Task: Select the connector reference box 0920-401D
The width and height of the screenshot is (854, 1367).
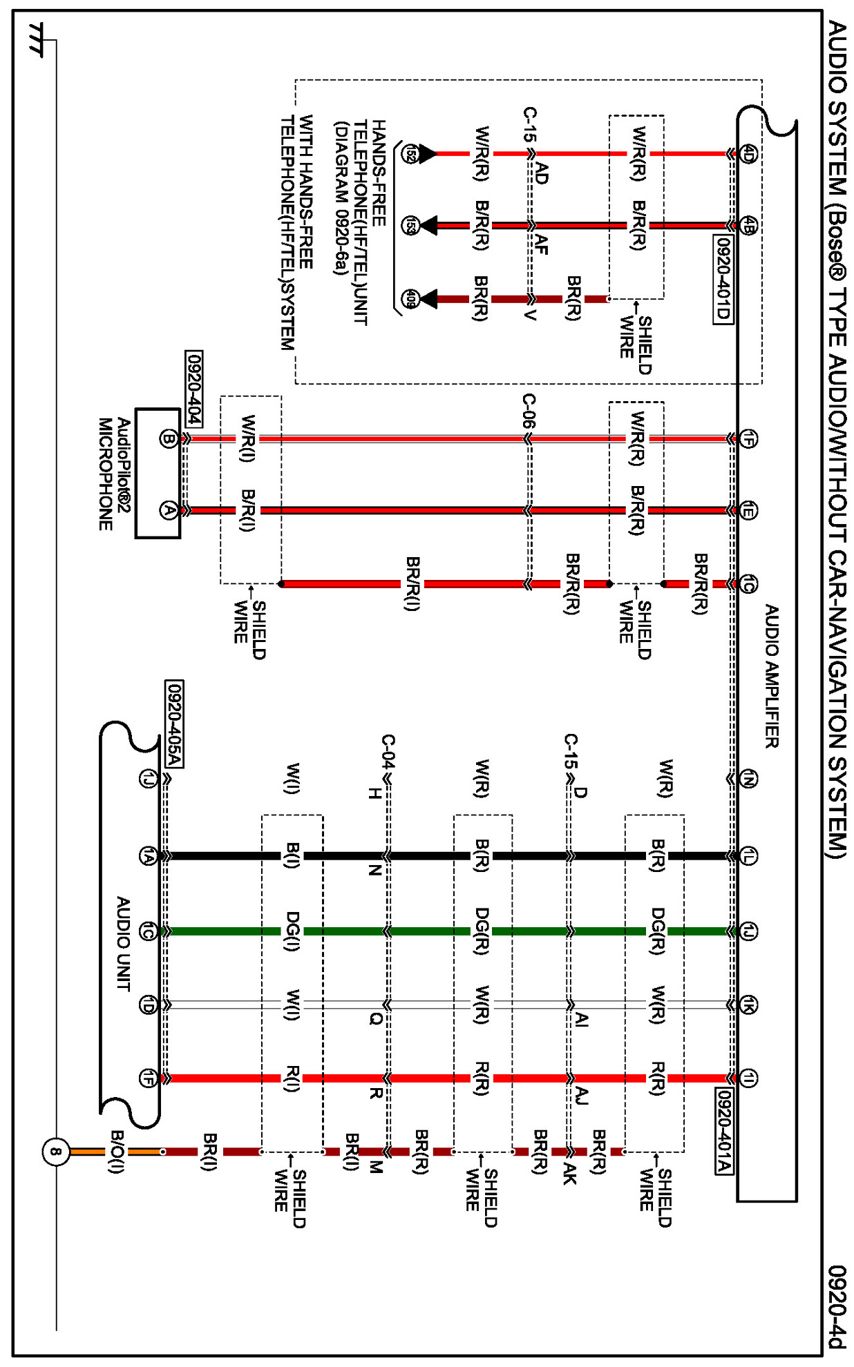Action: click(x=723, y=279)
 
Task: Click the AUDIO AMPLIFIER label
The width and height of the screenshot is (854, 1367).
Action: click(x=772, y=676)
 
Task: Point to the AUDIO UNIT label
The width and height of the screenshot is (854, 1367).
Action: click(x=124, y=944)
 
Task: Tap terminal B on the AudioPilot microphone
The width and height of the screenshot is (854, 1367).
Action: click(x=168, y=438)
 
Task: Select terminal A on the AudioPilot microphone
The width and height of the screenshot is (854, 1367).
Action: click(x=168, y=510)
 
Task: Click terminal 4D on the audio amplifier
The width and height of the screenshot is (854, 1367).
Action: click(x=748, y=153)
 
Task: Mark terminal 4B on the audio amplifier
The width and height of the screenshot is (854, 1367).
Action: click(x=748, y=225)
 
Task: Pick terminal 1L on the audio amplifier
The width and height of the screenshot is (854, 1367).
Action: click(x=748, y=856)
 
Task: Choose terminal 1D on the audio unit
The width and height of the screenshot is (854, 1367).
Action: click(x=148, y=1005)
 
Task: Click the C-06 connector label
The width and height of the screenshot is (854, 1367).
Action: click(x=529, y=411)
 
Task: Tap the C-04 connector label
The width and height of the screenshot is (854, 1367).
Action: click(x=388, y=751)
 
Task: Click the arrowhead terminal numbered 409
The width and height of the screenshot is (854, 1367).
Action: click(x=410, y=299)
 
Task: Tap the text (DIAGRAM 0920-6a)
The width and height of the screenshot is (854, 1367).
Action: click(x=340, y=198)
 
